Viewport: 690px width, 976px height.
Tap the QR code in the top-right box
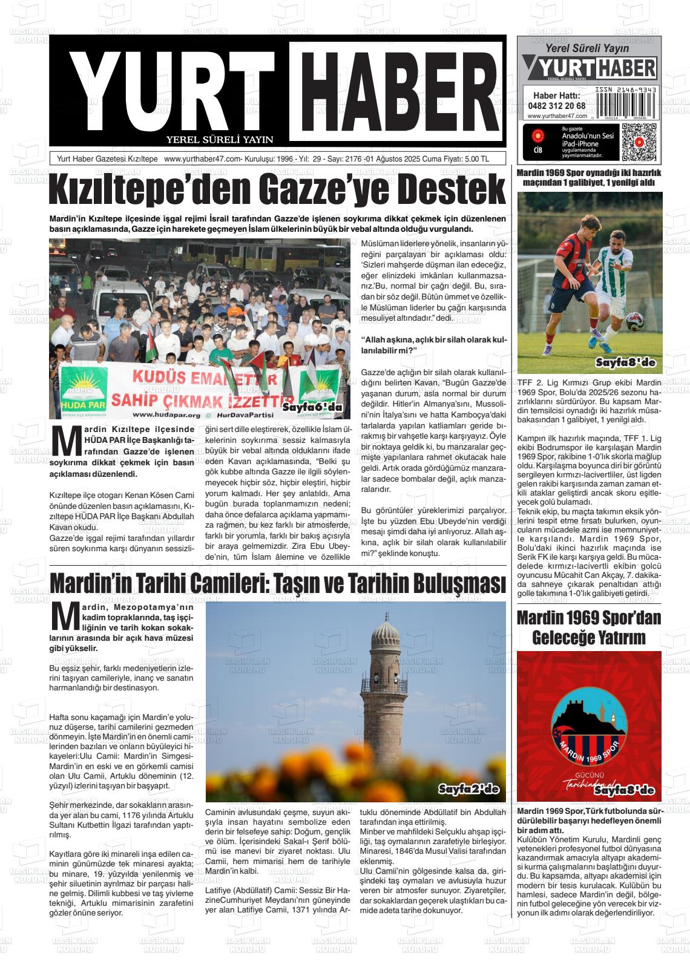[x=639, y=142]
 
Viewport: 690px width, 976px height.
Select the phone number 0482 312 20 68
[x=556, y=105]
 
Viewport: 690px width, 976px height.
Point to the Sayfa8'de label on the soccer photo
[x=626, y=363]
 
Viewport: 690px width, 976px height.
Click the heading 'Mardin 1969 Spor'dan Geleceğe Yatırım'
[x=589, y=627]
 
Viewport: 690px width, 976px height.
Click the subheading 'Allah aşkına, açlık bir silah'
[x=433, y=346]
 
